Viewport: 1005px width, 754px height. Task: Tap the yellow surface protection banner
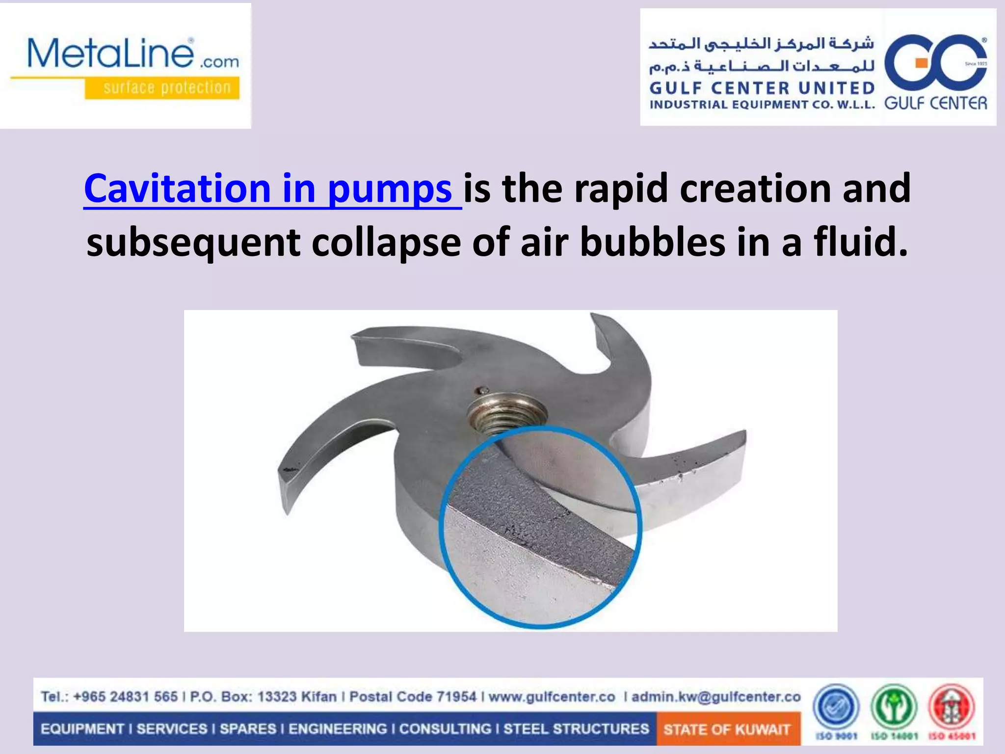(x=162, y=88)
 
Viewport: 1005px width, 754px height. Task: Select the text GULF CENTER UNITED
(x=762, y=88)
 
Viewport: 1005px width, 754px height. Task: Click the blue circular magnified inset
(x=540, y=528)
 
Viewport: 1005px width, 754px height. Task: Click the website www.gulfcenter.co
(x=552, y=697)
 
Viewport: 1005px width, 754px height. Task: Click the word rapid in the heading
(x=621, y=189)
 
